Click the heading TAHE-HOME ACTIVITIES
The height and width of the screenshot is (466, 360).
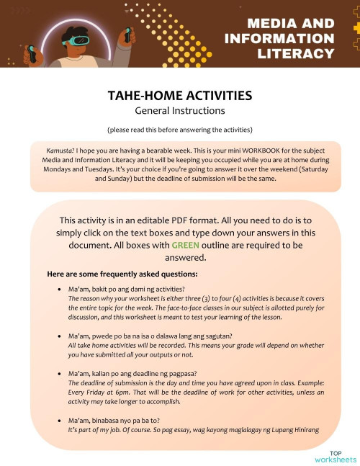179,96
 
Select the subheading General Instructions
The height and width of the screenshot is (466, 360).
179,111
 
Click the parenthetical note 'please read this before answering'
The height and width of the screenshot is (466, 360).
179,130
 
